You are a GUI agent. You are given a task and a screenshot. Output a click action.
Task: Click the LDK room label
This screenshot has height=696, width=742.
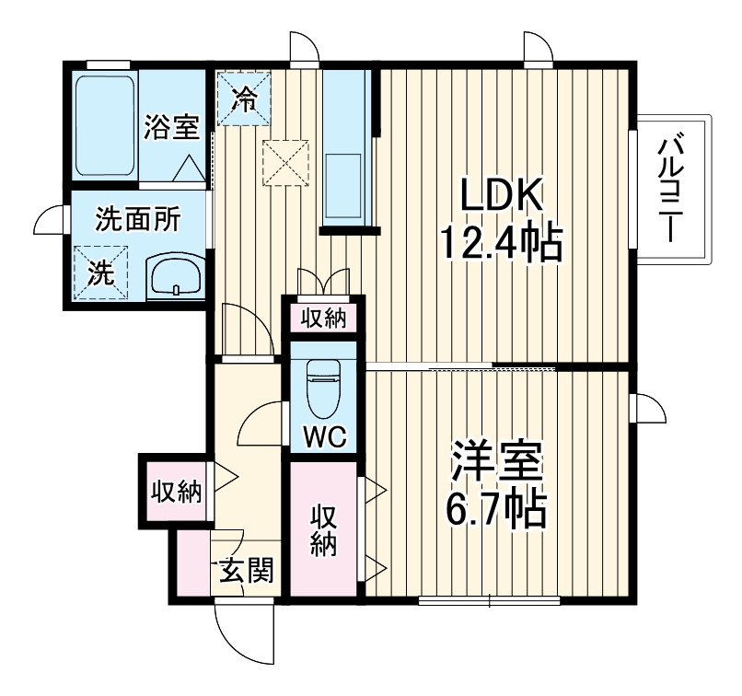503,195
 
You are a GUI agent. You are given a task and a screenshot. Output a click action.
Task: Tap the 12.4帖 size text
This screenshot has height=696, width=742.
500,244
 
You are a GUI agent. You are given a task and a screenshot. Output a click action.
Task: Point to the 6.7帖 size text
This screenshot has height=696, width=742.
497,508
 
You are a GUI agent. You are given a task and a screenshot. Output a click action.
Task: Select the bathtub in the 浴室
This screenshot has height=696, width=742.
104,124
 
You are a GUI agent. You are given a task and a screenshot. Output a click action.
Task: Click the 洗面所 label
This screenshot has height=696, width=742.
138,220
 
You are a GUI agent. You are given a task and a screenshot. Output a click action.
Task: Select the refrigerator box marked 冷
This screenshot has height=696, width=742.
244,98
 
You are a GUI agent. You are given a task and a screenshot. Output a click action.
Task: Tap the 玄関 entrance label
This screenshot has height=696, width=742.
245,573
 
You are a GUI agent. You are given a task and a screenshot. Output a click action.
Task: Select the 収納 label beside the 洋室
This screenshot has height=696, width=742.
321,530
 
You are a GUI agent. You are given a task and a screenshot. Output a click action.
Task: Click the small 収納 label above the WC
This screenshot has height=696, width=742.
322,319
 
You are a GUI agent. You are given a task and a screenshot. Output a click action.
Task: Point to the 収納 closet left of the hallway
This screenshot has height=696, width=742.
175,492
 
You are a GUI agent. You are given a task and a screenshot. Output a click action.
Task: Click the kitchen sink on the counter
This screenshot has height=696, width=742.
345,183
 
